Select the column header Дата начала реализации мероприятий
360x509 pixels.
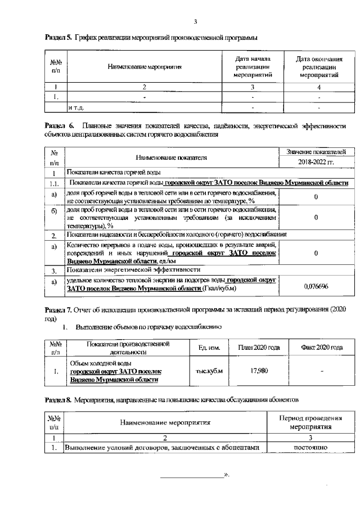click(x=253, y=66)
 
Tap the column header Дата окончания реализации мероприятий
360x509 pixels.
click(x=319, y=66)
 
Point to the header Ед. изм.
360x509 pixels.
click(x=209, y=348)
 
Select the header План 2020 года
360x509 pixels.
click(x=259, y=348)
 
